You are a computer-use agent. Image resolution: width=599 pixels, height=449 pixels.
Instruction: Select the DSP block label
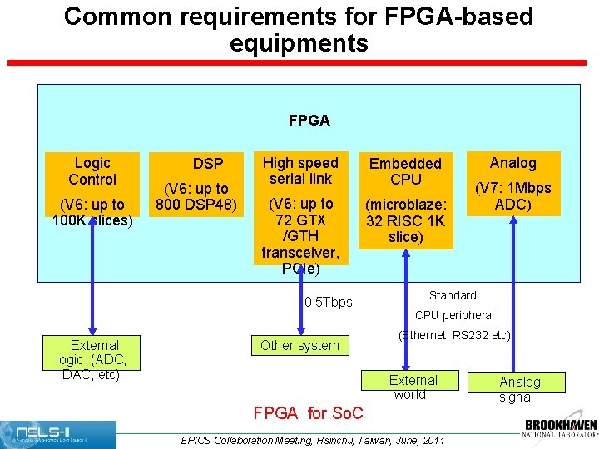click(208, 165)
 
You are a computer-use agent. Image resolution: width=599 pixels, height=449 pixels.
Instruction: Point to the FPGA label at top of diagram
click(309, 121)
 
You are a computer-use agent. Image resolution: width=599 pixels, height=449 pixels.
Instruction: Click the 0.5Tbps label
click(329, 302)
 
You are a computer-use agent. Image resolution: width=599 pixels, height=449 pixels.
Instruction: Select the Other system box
click(299, 345)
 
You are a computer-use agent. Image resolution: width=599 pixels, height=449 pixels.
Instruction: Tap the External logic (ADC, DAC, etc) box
click(92, 359)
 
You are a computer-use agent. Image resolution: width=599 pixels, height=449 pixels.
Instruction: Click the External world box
click(413, 387)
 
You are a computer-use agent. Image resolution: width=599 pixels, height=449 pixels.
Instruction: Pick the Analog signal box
click(519, 388)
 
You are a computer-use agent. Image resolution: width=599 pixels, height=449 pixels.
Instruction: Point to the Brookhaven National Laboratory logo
click(560, 427)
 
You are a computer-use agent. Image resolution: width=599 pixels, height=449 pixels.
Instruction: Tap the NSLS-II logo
click(58, 434)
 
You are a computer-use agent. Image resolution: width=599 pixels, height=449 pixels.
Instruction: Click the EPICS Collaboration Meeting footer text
click(313, 440)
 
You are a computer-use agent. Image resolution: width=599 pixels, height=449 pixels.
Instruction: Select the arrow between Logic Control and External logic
click(92, 279)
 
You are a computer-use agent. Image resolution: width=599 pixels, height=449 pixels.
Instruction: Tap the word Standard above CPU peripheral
click(453, 295)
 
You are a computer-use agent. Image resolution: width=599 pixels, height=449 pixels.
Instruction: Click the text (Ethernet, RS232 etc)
click(454, 335)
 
